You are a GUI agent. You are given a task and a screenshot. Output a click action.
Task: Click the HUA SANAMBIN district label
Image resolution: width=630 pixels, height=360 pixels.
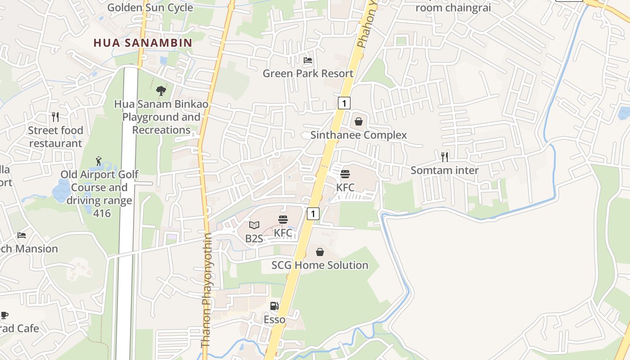click(143, 43)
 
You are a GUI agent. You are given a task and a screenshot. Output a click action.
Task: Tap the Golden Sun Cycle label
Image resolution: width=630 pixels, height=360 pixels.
click(150, 8)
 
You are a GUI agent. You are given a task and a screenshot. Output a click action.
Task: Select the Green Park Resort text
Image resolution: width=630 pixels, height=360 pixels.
click(308, 73)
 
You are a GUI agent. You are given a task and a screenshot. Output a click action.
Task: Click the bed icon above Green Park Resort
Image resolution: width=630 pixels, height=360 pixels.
click(308, 60)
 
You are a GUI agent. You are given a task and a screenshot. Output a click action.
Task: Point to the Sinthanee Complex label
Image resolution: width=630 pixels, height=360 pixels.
click(359, 135)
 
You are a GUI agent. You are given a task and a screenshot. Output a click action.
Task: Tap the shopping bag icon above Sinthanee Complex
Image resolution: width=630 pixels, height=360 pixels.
click(359, 121)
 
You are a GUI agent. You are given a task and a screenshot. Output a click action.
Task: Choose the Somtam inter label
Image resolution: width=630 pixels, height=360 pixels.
click(445, 170)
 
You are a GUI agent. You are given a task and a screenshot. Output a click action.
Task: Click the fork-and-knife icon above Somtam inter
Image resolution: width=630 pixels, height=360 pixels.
click(445, 157)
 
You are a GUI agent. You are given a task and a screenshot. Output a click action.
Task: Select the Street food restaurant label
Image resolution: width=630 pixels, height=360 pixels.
click(56, 137)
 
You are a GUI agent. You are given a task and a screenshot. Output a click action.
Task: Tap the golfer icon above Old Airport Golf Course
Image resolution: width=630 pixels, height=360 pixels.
click(99, 161)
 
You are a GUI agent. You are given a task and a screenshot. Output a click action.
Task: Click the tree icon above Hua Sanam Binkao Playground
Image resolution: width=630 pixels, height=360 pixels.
click(161, 91)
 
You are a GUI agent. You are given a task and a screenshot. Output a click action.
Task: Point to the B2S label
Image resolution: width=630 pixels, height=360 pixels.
click(254, 238)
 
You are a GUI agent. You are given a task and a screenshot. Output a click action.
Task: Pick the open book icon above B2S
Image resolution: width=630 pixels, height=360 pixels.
click(254, 225)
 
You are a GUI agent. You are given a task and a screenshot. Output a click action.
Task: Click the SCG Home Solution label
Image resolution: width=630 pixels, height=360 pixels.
click(320, 265)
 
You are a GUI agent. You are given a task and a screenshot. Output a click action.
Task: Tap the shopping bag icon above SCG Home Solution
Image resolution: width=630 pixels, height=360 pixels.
click(320, 252)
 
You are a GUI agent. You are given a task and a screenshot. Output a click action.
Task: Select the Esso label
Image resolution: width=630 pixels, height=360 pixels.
click(274, 319)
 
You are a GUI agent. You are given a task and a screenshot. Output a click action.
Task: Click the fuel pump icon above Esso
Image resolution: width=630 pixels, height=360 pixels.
click(274, 306)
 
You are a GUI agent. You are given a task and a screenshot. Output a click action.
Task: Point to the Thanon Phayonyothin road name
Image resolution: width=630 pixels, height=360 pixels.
click(206, 290)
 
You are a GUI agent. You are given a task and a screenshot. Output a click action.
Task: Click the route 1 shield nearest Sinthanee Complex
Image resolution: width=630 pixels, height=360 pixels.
click(344, 103)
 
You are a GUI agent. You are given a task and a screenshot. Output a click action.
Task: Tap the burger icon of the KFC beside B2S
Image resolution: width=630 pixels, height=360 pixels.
click(283, 220)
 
